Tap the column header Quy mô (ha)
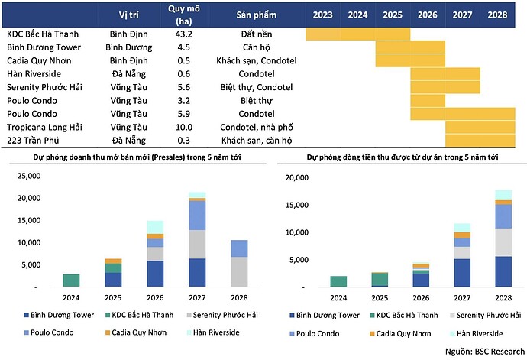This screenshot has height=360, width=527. coord(183,14)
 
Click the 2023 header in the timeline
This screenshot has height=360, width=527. coord(322,15)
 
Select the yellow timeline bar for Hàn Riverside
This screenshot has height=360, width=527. coord(445,73)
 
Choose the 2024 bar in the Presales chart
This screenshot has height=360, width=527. coord(71,280)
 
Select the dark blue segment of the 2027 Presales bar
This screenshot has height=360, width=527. coord(197,272)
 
